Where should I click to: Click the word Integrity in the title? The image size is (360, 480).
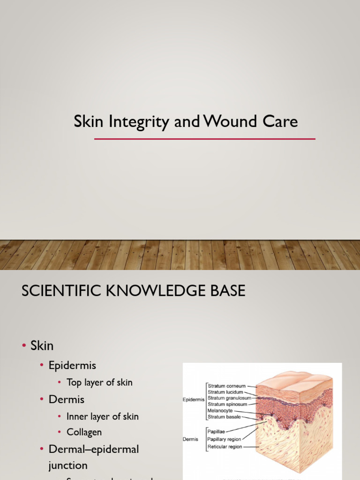[x=139, y=122]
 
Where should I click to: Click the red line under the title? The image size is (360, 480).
[x=204, y=139]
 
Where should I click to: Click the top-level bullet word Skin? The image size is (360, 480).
[x=42, y=346]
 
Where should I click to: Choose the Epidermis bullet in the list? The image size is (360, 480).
[x=72, y=365]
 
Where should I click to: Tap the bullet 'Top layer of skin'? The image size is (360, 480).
[x=99, y=382]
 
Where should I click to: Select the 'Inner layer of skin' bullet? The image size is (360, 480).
[x=103, y=416]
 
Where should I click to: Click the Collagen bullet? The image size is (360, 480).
[x=84, y=432]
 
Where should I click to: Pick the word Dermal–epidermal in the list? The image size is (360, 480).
[x=94, y=449]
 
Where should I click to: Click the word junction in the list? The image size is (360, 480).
[x=68, y=465]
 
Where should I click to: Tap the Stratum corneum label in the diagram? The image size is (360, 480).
[x=227, y=386]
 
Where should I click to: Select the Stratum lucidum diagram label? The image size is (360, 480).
[x=225, y=392]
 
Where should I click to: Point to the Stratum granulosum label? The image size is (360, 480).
[x=230, y=398]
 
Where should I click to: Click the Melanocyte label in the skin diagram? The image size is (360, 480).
[x=220, y=411]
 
